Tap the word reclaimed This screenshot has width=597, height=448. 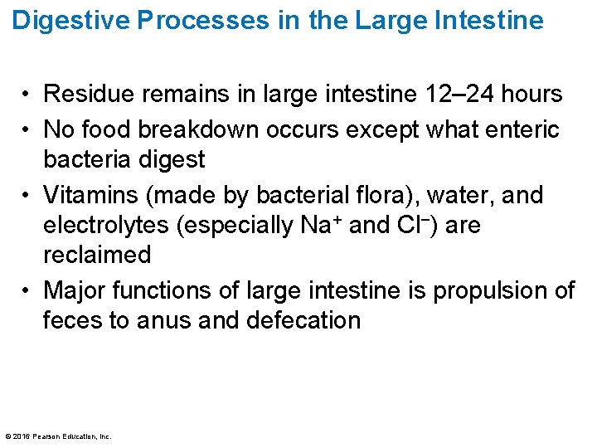pos(97,255)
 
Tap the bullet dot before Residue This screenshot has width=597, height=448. pos(27,95)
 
